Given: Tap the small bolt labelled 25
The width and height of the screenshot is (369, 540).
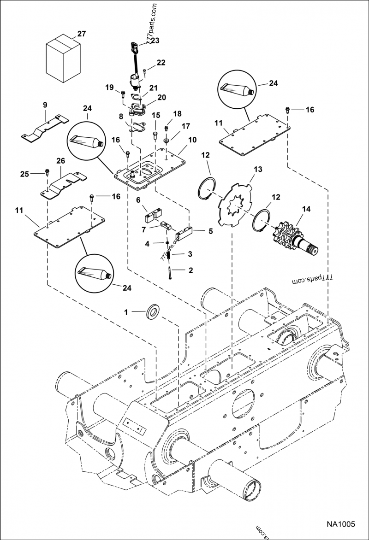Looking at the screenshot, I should [47, 173].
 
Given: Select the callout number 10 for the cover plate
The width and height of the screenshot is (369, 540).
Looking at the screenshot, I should [192, 139].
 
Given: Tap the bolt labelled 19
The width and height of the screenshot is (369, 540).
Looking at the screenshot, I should [123, 94].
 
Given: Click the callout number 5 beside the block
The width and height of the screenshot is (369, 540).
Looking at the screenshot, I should [210, 231].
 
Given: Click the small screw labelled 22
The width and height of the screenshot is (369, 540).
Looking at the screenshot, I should [144, 70].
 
